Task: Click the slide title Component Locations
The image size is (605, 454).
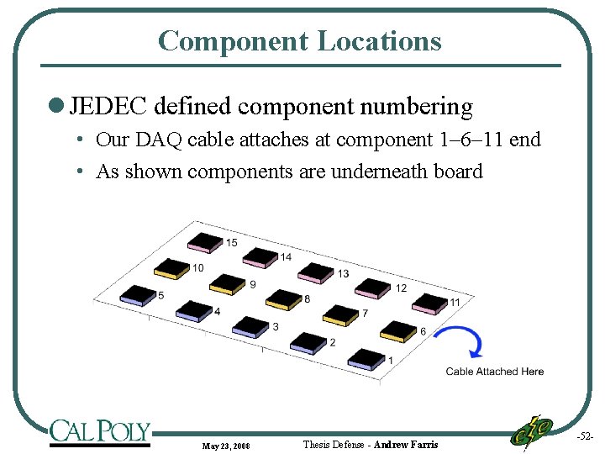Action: (x=299, y=40)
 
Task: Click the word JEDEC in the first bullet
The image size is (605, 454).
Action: (x=108, y=107)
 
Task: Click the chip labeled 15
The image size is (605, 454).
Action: (x=204, y=240)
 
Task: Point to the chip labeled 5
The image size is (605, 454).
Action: (x=139, y=293)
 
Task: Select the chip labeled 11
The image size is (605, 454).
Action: (x=429, y=301)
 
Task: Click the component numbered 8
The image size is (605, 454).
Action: (x=282, y=298)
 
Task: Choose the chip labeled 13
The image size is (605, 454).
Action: (x=316, y=271)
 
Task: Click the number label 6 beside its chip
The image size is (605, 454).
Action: (x=423, y=331)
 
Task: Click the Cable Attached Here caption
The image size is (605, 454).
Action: (x=494, y=372)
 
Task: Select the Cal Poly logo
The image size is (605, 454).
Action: (x=99, y=431)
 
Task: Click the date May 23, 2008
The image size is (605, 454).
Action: (x=225, y=445)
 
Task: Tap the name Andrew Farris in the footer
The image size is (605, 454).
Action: (x=406, y=444)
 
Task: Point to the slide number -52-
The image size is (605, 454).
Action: (x=586, y=436)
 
